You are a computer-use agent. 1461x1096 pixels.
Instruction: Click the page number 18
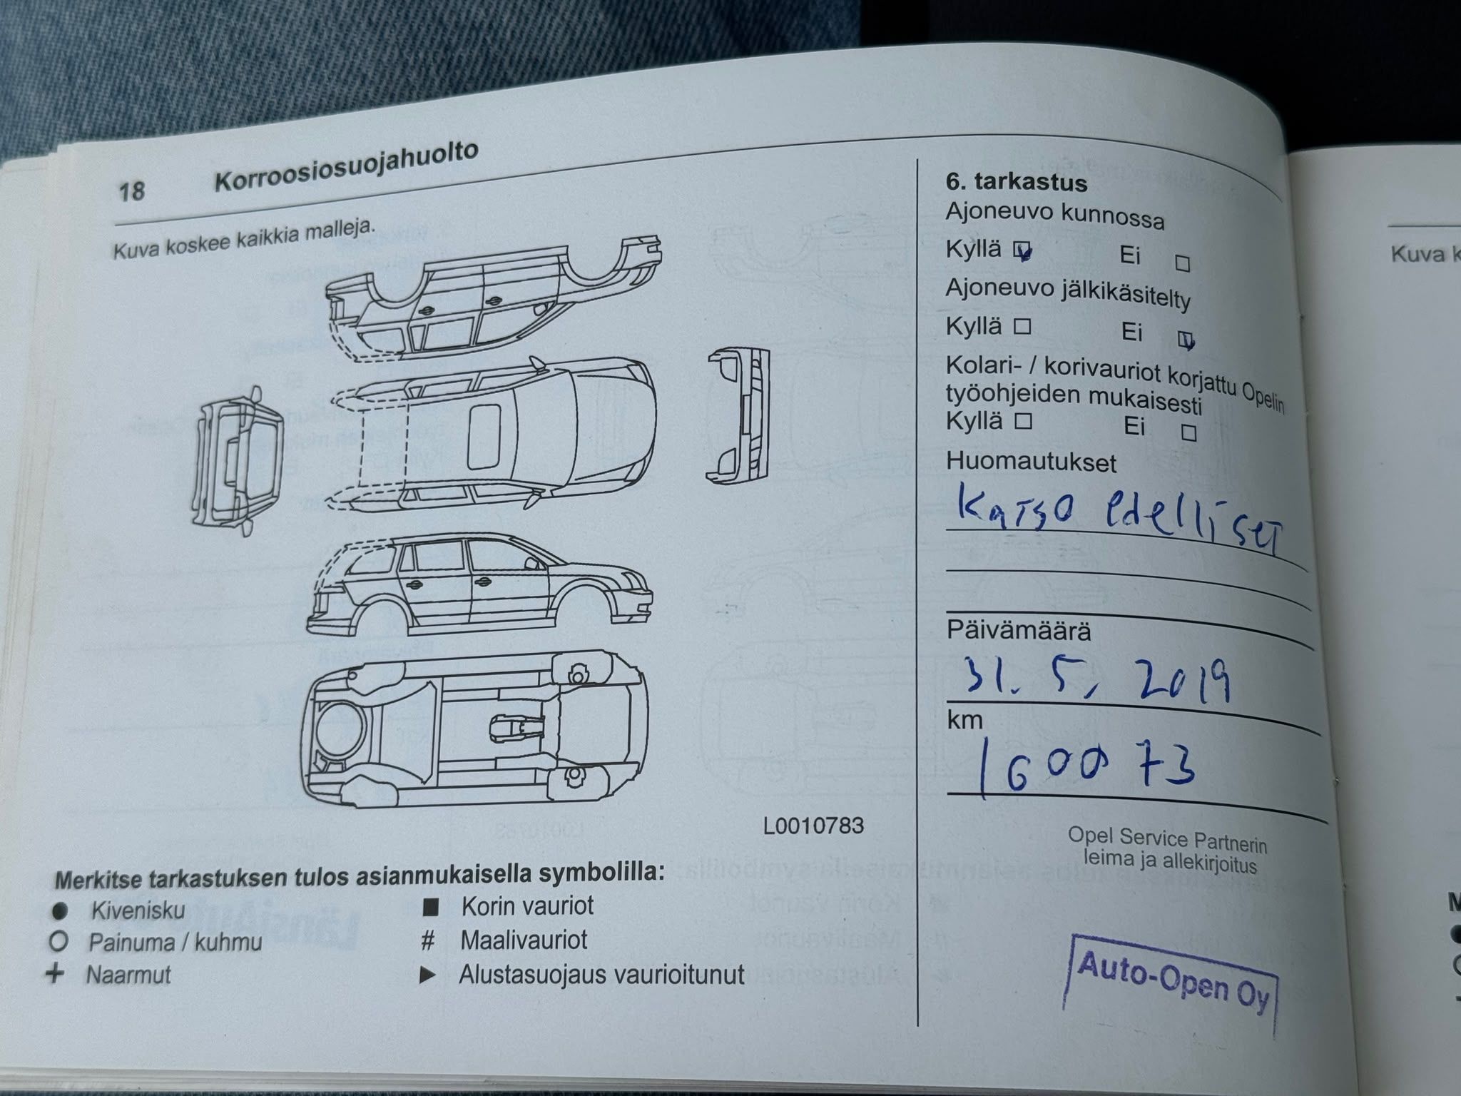132,191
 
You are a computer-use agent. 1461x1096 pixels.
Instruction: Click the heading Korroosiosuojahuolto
347,168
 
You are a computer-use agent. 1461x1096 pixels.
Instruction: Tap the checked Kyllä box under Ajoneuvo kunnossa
1024,250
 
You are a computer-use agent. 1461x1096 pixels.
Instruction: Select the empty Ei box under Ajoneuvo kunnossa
1183,263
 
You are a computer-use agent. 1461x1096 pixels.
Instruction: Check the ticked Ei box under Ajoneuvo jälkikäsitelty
1186,341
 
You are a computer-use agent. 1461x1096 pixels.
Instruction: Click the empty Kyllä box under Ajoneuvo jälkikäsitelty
1023,327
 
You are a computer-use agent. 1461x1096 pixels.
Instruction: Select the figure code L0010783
813,826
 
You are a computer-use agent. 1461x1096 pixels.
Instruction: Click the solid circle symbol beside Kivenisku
60,910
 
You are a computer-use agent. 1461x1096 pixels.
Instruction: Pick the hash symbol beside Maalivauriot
428,940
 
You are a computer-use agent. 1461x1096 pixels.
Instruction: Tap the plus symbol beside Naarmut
55,973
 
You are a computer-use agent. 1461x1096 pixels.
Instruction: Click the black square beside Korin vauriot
430,908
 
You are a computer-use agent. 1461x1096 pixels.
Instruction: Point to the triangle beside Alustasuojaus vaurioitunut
427,975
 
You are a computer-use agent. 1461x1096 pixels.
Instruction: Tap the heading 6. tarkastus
1017,183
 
